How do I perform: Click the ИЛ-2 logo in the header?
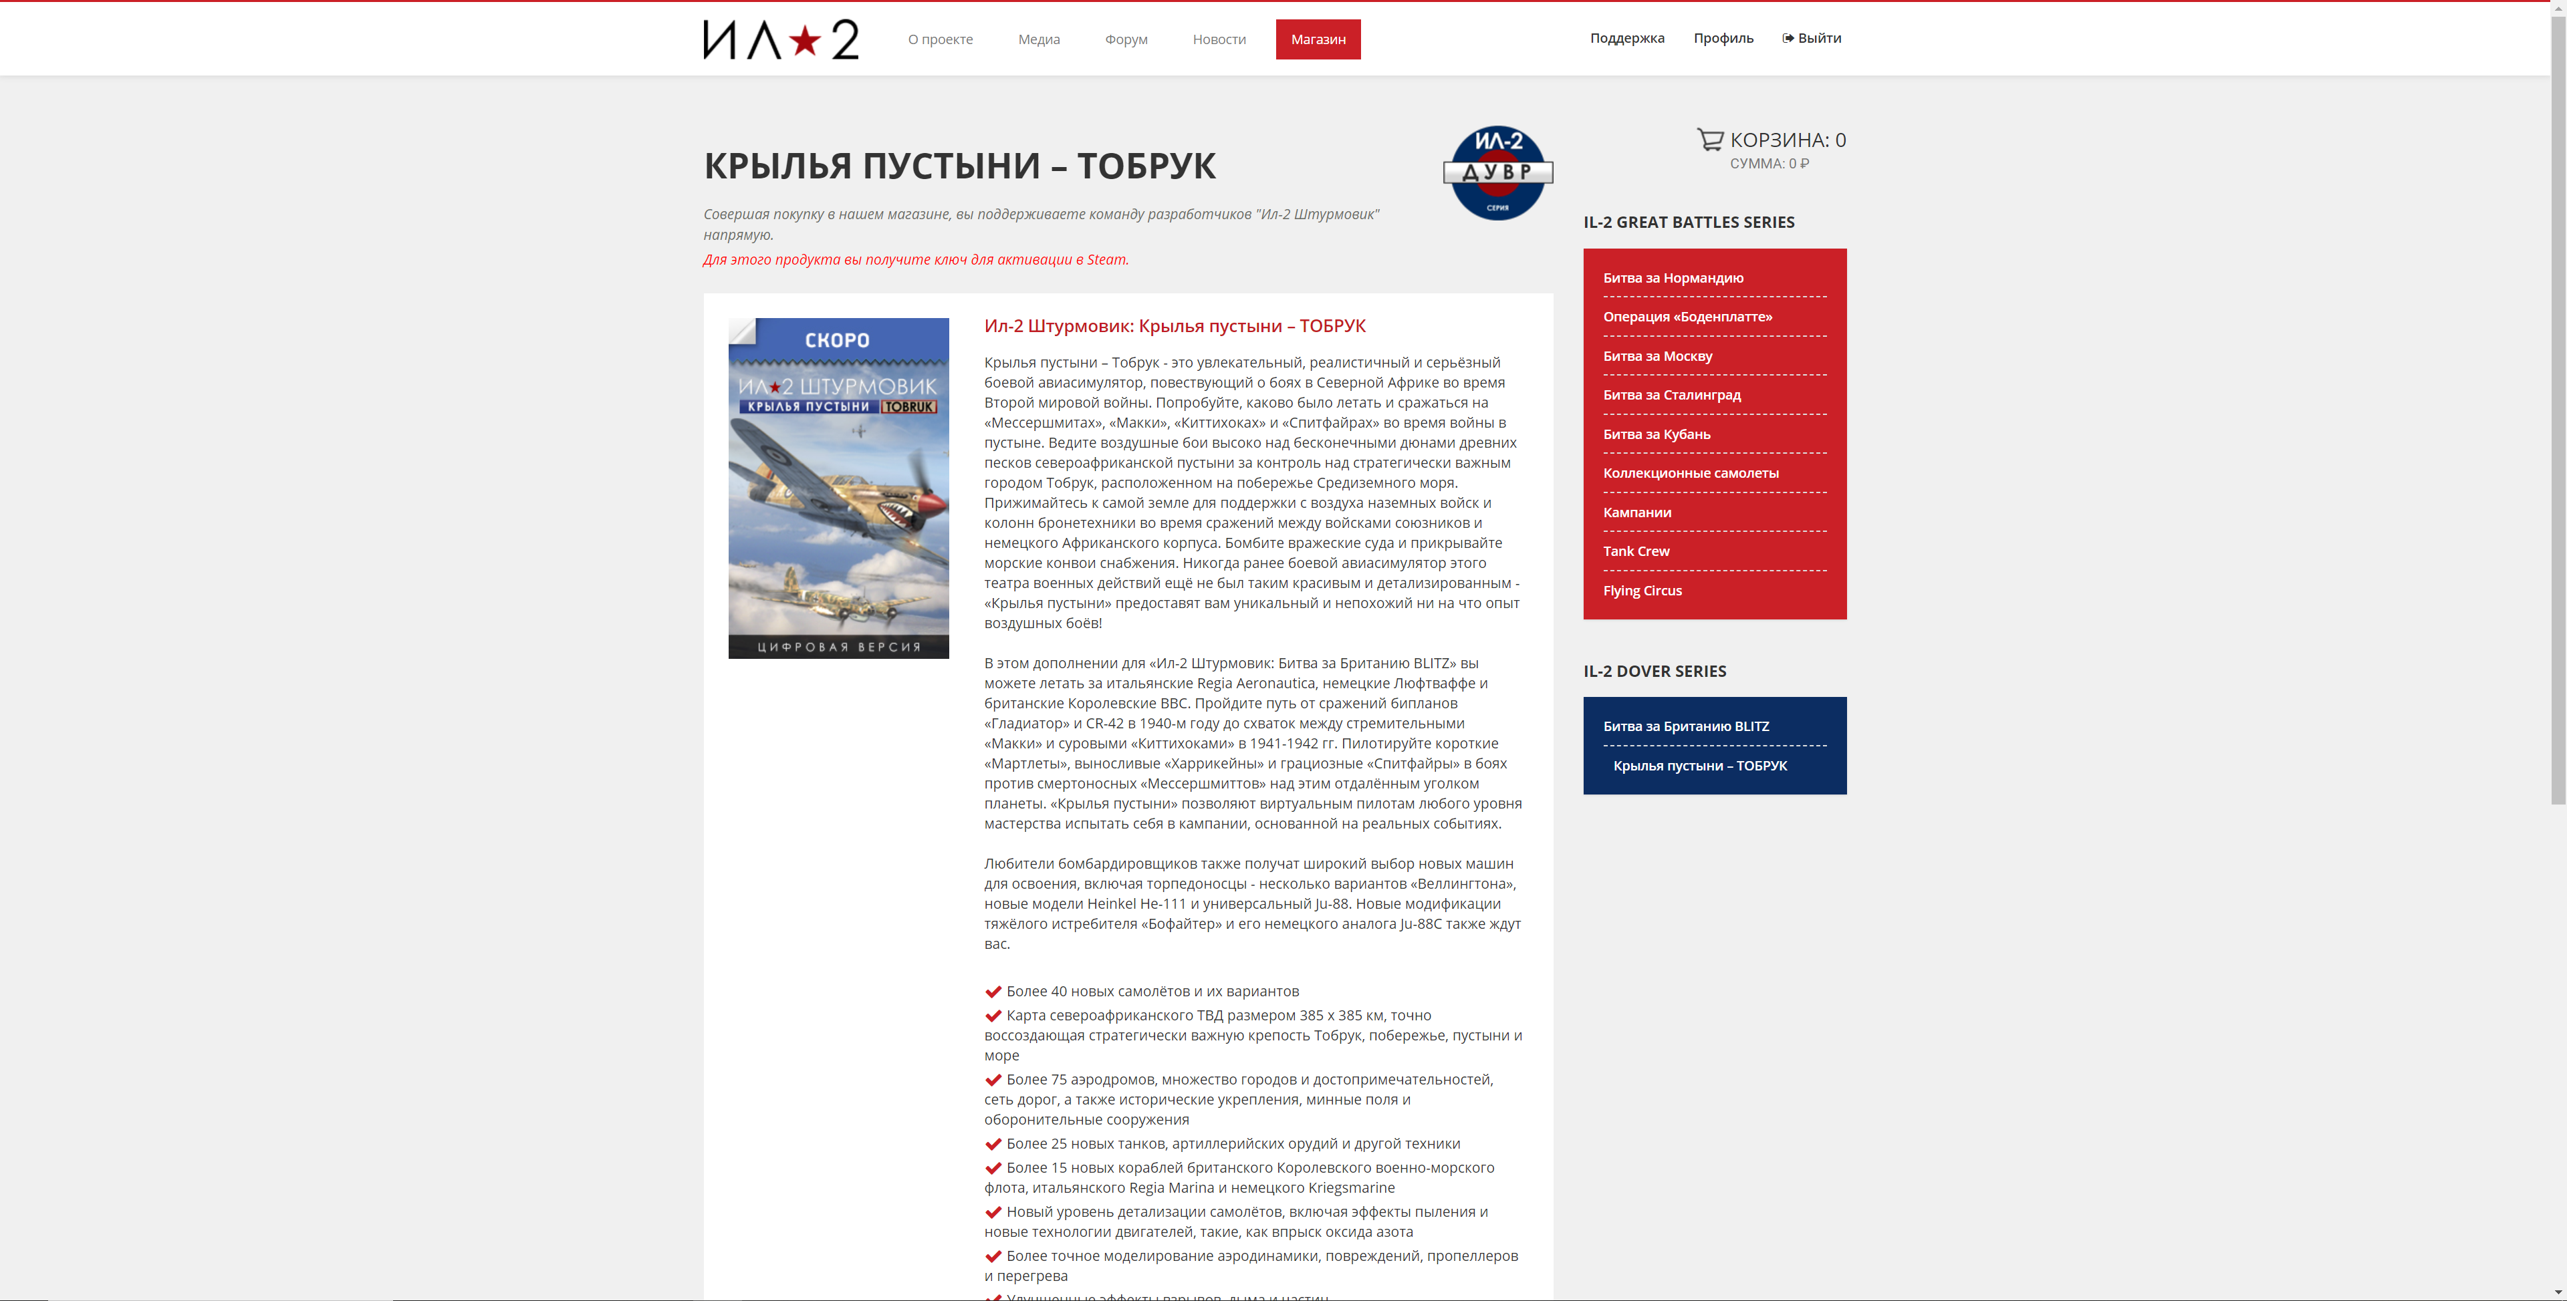point(780,40)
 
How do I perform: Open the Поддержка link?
point(1626,39)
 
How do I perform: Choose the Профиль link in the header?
point(1723,39)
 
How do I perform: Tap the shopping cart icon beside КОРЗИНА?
point(1710,140)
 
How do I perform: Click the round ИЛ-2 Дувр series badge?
point(1497,172)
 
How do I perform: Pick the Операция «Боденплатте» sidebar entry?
point(1687,317)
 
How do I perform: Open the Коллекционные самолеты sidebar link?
point(1690,473)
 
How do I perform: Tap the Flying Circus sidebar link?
point(1641,591)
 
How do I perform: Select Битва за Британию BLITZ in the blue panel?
point(1685,726)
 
